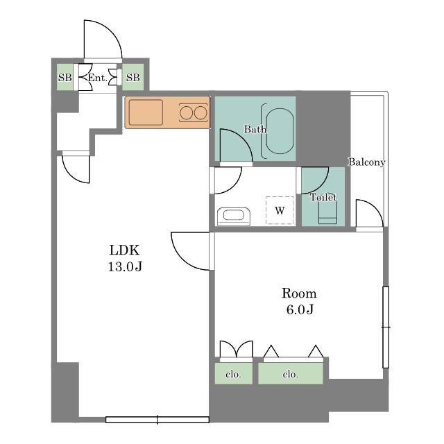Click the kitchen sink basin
pos(146,112)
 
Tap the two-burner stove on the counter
pos(193,113)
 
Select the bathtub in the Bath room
pos(280,131)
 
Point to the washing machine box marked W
pos(280,210)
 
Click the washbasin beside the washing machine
pos(234,216)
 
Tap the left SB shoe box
pos(65,77)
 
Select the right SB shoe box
pos(133,77)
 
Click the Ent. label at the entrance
pos(97,78)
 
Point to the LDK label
pos(124,250)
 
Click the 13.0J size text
pos(125,266)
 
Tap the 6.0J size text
pos(300,309)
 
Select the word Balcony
pos(367,162)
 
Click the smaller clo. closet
pos(234,373)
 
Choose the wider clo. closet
pos(291,373)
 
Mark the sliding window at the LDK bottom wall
pos(157,420)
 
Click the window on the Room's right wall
pos(386,327)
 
